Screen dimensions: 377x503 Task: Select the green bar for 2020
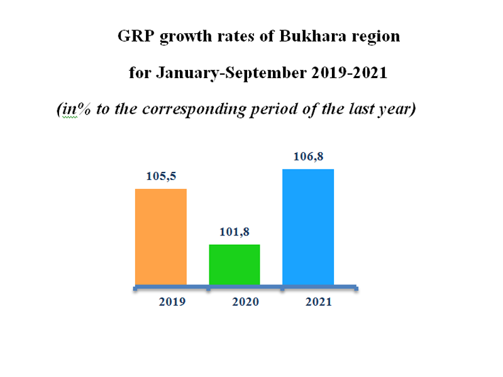click(x=234, y=265)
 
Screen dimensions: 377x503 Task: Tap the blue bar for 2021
click(x=308, y=227)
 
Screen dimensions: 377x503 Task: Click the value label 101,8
click(x=235, y=233)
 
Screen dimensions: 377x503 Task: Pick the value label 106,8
click(x=308, y=157)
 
